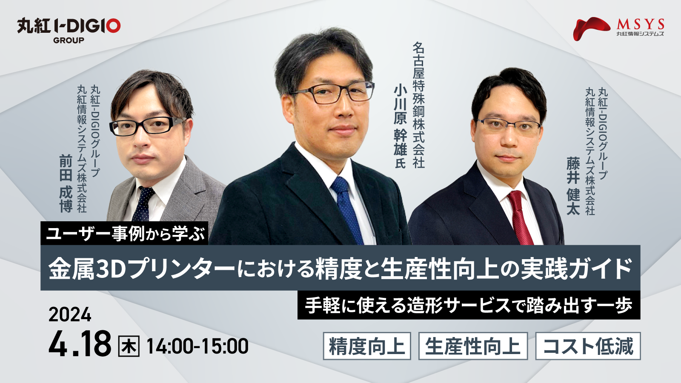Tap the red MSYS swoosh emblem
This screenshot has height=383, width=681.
pyautogui.click(x=591, y=28)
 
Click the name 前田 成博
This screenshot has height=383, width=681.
pyautogui.click(x=66, y=183)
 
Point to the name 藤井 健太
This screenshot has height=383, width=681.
pyautogui.click(x=573, y=186)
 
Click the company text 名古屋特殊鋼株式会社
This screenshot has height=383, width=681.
pyautogui.click(x=419, y=105)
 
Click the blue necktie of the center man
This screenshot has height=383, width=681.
pyautogui.click(x=347, y=210)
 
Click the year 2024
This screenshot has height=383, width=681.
pyautogui.click(x=70, y=314)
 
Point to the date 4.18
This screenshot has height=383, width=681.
pyautogui.click(x=80, y=343)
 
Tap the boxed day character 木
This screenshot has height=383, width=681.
pyautogui.click(x=129, y=346)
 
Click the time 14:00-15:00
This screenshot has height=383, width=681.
pyautogui.click(x=197, y=346)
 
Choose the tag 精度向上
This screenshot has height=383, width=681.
pyautogui.click(x=367, y=346)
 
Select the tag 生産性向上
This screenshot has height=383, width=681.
pyautogui.click(x=473, y=346)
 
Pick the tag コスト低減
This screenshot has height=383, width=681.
pyautogui.click(x=588, y=346)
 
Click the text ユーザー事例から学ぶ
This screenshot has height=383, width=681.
pyautogui.click(x=125, y=234)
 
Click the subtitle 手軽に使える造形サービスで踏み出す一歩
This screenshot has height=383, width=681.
pyautogui.click(x=469, y=305)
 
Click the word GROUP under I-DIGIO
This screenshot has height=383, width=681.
pyautogui.click(x=69, y=40)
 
